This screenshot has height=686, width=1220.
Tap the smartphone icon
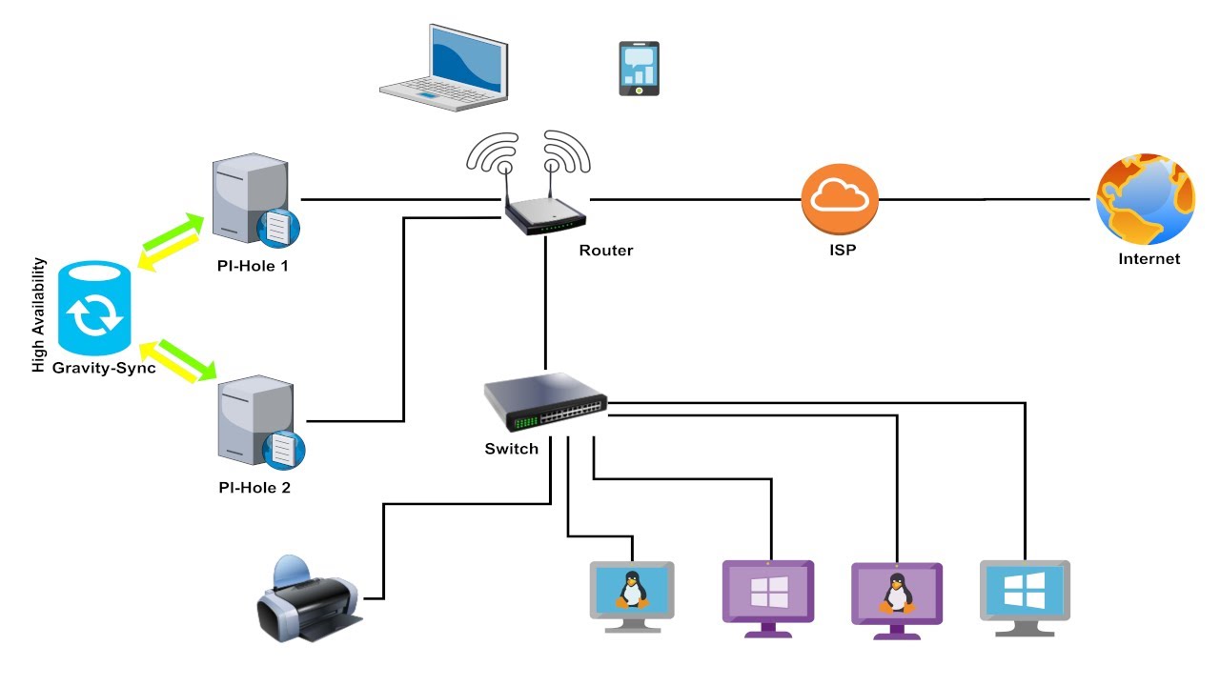(640, 69)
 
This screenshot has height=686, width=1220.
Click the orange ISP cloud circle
(840, 199)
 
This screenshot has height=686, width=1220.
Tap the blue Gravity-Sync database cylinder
(93, 307)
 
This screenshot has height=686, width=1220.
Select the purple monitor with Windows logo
(768, 593)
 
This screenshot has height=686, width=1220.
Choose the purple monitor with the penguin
(896, 596)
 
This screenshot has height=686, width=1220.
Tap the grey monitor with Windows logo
(1025, 593)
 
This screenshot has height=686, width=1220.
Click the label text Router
(606, 251)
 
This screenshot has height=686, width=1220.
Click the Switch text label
(512, 449)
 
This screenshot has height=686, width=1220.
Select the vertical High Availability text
(39, 314)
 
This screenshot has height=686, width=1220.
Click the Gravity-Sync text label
(105, 368)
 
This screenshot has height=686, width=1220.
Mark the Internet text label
(1149, 258)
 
